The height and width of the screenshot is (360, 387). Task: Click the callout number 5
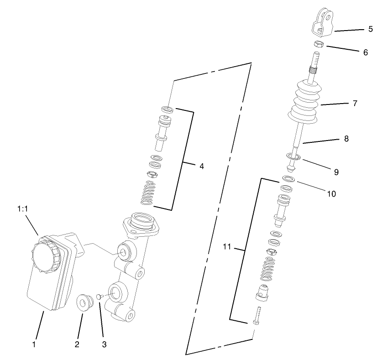[370, 29]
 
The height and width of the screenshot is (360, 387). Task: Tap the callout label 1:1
[23, 209]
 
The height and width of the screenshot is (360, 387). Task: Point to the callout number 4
[201, 166]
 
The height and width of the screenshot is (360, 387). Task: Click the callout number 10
[331, 193]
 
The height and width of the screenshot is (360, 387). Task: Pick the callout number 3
[104, 344]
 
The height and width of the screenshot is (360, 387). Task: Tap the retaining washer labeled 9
[292, 157]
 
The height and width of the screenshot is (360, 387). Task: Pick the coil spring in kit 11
[268, 269]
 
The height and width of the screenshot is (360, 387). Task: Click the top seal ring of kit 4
[167, 109]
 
